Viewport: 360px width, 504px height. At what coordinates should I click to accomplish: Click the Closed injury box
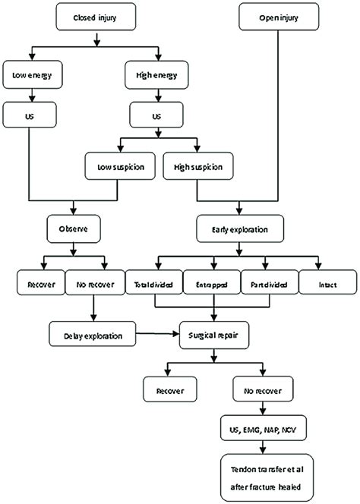pos(96,17)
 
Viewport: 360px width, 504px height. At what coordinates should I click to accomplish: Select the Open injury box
pos(279,17)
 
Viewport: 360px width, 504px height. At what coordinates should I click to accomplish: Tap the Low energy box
pos(33,74)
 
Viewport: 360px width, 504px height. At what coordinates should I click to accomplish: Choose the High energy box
pos(156,74)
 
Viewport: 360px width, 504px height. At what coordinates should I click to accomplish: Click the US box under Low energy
pos(30,115)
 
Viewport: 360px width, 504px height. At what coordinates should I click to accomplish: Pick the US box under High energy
pos(156,115)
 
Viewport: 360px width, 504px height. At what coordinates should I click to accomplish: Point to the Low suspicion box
pos(120,166)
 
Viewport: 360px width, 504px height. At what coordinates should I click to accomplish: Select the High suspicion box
pos(198,166)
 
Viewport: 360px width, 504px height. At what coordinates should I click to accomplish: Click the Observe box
pos(74,228)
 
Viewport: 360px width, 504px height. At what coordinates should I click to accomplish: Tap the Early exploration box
pos(240,228)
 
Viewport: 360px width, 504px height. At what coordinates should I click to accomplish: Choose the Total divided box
pos(154,282)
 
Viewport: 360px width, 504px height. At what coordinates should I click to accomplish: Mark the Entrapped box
pos(212,282)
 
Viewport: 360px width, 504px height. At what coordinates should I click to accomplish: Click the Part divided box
pos(270,282)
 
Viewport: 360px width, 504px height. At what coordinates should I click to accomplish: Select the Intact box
pos(328,282)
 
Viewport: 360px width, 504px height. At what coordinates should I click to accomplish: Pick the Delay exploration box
pos(93,334)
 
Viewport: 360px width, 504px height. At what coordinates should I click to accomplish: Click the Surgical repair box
pos(214,335)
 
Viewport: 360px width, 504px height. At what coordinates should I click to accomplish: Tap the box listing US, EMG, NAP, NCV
pos(263,428)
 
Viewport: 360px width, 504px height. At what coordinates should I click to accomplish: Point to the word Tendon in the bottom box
pos(243,470)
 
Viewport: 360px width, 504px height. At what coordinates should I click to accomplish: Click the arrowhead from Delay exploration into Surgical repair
pos(176,334)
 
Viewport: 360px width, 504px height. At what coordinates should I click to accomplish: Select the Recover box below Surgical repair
pos(170,389)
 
